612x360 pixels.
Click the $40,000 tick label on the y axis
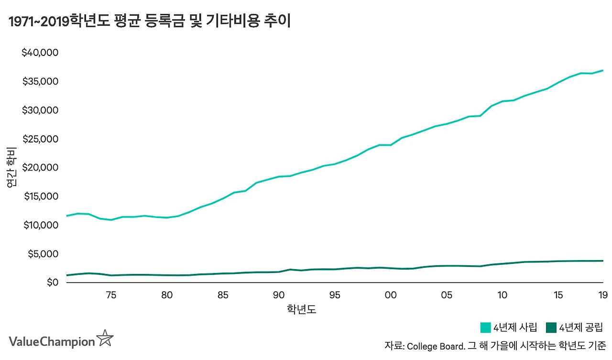click(40, 53)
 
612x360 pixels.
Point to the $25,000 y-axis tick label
click(40, 139)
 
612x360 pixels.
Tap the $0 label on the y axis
click(51, 283)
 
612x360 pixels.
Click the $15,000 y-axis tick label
click(40, 196)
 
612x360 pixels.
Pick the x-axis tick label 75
click(111, 295)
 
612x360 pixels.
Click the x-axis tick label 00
click(391, 295)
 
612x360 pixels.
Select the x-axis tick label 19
click(603, 295)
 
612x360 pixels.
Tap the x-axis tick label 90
click(279, 295)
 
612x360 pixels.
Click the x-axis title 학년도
click(301, 310)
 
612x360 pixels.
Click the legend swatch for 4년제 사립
click(485, 328)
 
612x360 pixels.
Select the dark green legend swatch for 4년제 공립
click(552, 328)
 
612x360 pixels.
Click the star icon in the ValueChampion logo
click(105, 338)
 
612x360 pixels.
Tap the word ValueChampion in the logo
click(52, 342)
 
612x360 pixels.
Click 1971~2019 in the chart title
click(37, 22)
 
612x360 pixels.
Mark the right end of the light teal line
click(603, 70)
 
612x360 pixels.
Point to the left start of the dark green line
click(66, 275)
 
